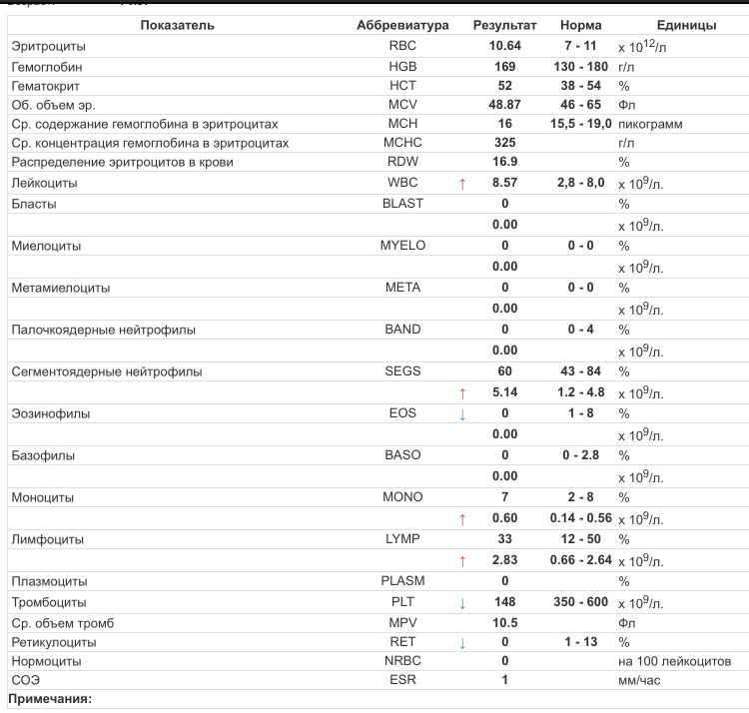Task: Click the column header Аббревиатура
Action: point(402,25)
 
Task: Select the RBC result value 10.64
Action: point(504,46)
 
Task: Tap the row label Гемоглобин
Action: point(46,67)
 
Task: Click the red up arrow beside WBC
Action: point(462,185)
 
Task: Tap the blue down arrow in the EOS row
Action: point(462,414)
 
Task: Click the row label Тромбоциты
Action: point(49,602)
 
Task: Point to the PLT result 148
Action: point(504,602)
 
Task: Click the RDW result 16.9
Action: point(504,162)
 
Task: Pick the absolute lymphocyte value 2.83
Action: point(504,560)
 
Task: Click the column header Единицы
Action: point(686,25)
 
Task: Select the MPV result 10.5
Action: point(504,623)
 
